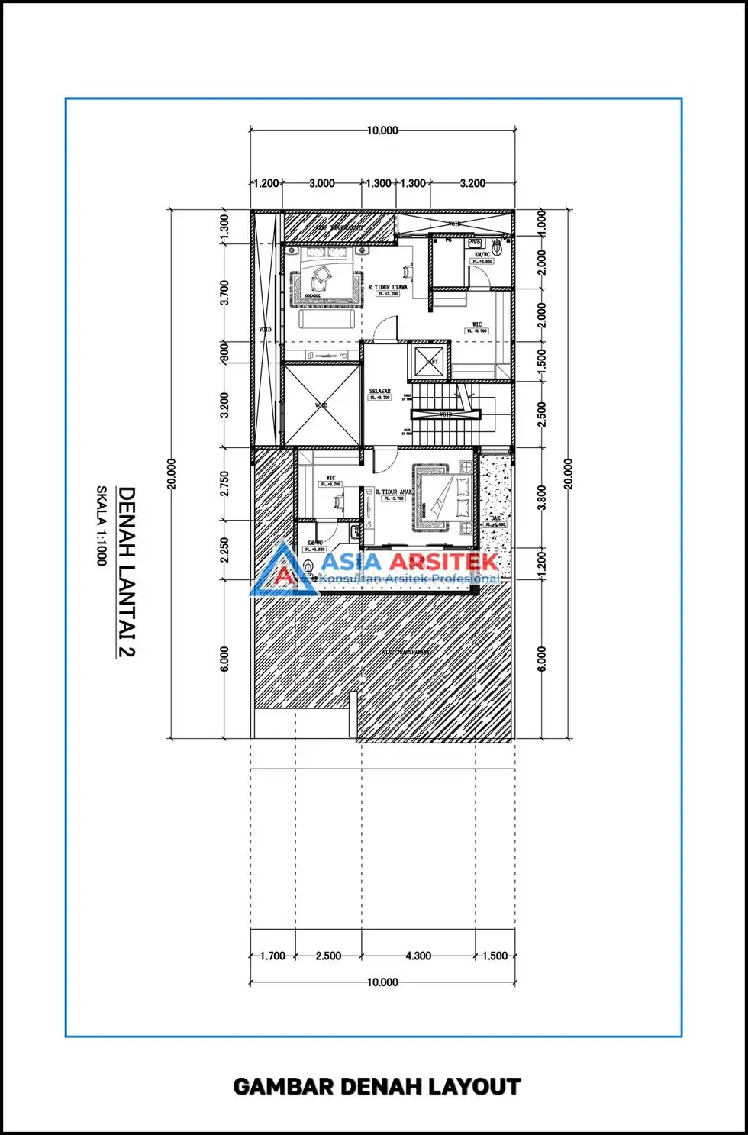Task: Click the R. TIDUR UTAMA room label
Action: [x=388, y=288]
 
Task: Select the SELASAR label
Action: [x=379, y=392]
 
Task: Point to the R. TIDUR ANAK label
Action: [x=394, y=492]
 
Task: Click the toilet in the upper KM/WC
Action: [x=497, y=247]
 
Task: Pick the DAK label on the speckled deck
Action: [x=495, y=518]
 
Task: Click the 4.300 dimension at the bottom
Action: [x=418, y=956]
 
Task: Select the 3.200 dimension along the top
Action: [x=472, y=183]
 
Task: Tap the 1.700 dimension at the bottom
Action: [x=272, y=956]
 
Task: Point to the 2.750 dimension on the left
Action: [x=224, y=483]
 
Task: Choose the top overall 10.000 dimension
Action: [x=382, y=131]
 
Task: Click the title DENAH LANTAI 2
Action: [x=126, y=572]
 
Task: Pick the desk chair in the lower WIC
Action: [x=337, y=501]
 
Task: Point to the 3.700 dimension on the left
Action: [x=224, y=292]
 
